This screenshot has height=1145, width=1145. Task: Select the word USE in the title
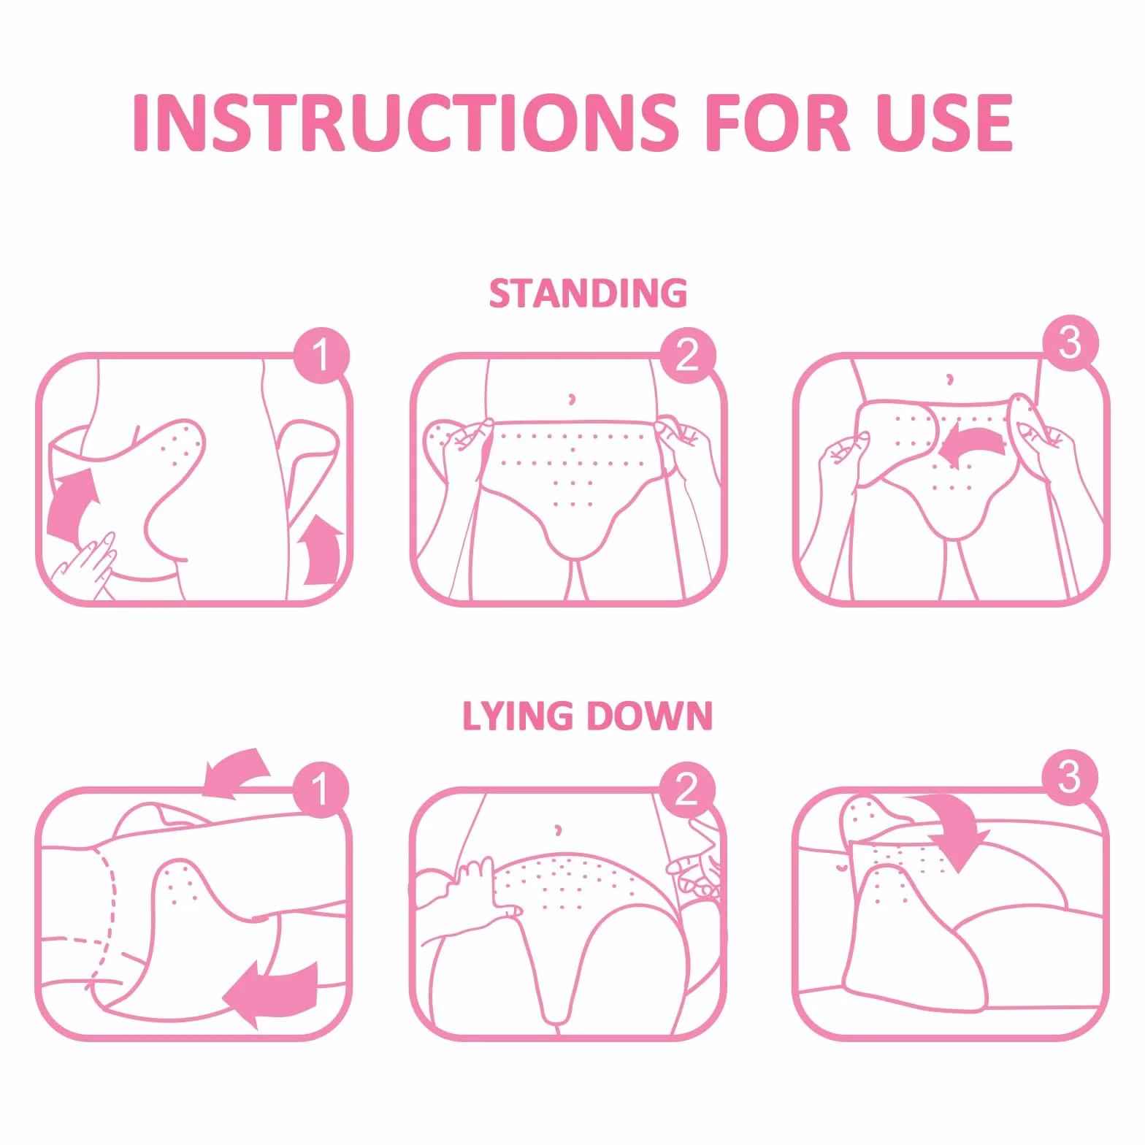coord(945,122)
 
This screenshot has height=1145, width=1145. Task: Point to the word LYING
coord(518,716)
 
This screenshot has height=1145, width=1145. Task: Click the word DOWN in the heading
coord(649,716)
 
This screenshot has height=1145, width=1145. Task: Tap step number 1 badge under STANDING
coord(321,356)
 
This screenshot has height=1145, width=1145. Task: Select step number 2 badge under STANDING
coord(688,356)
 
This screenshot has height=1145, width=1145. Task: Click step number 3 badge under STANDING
coord(1071,343)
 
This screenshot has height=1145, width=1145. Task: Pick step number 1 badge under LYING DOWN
coord(321,789)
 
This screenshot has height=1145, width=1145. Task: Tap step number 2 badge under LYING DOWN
coord(687,789)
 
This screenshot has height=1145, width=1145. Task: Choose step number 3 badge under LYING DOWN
coord(1070,777)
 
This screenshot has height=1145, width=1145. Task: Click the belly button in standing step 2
coord(572,399)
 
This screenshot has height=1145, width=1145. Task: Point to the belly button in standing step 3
coord(949,379)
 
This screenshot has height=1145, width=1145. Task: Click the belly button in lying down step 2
coord(559,830)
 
